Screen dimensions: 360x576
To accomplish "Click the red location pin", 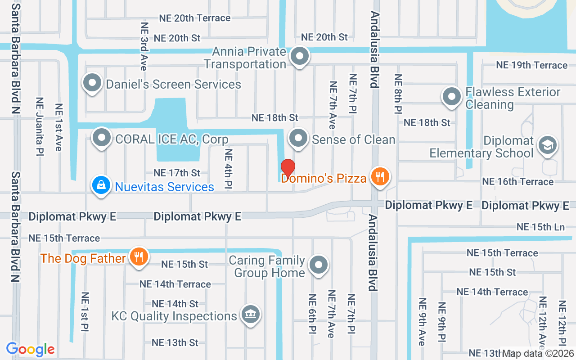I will [x=288, y=167].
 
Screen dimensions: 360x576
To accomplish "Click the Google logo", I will [x=31, y=349].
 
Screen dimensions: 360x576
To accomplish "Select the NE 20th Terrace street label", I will [x=195, y=18].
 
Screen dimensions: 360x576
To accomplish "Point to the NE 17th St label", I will [x=177, y=173].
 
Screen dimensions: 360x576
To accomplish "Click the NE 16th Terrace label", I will [x=517, y=181].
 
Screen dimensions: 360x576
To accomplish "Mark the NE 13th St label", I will [x=175, y=342].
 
